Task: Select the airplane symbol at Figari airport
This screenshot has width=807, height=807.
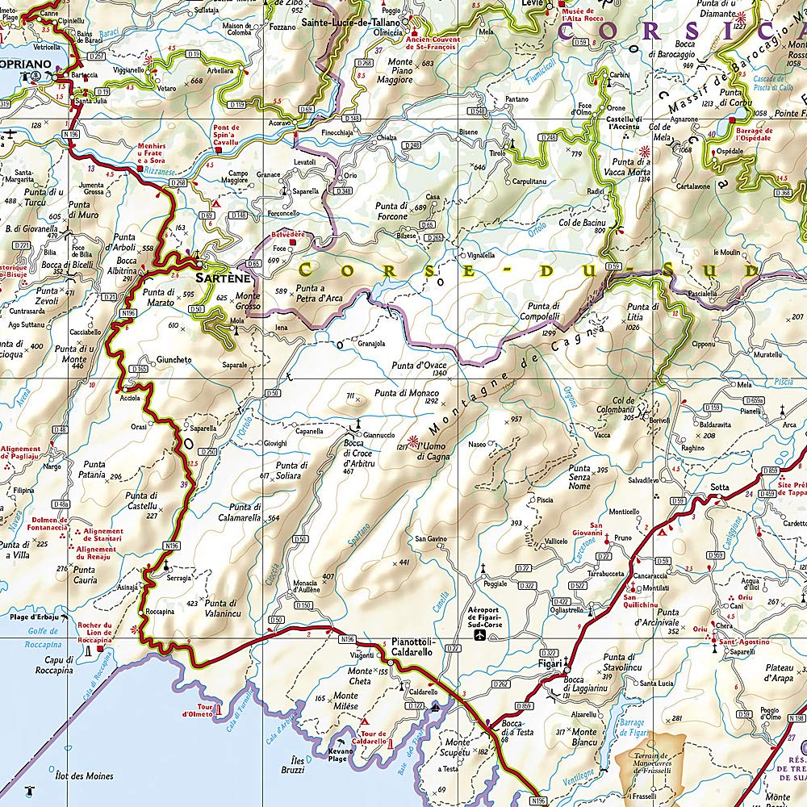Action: (481, 636)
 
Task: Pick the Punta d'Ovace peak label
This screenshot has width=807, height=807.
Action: (419, 366)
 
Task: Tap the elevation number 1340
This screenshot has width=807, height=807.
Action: (439, 374)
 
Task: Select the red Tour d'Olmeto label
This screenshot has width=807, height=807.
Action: (197, 710)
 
